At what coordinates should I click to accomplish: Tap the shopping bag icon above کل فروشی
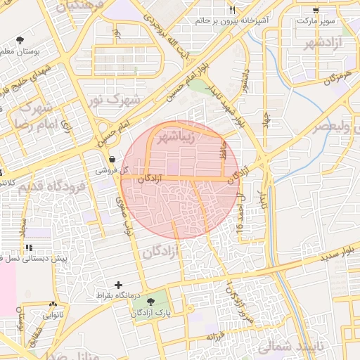(113, 159)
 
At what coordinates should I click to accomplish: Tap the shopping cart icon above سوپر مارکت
(315, 10)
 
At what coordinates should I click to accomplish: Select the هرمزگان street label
(337, 77)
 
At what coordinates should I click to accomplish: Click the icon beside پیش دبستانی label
(29, 248)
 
